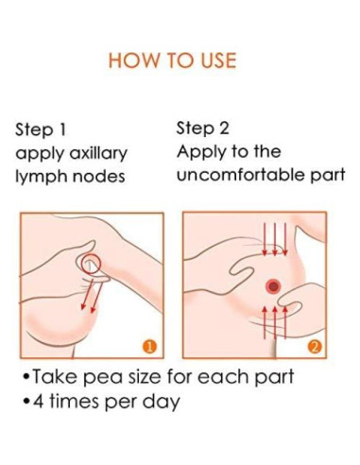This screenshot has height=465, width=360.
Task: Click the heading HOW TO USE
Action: click(x=172, y=60)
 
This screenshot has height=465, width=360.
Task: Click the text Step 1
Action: click(x=41, y=129)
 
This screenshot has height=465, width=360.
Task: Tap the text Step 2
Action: click(x=203, y=129)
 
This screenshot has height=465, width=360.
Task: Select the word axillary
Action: click(x=98, y=154)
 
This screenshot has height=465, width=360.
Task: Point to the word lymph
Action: click(x=42, y=177)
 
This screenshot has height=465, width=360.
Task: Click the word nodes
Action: click(x=99, y=176)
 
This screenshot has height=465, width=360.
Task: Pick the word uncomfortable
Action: click(x=241, y=175)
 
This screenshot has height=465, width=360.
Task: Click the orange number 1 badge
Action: click(x=149, y=347)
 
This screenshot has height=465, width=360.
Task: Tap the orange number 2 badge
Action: click(x=316, y=347)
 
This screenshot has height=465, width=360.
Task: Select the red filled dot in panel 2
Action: click(x=273, y=286)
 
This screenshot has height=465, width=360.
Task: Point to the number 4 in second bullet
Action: click(x=39, y=402)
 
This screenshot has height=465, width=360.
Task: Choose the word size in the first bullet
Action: click(x=144, y=376)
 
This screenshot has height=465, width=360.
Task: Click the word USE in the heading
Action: click(x=218, y=60)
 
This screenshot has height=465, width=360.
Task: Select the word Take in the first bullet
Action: click(x=55, y=376)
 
